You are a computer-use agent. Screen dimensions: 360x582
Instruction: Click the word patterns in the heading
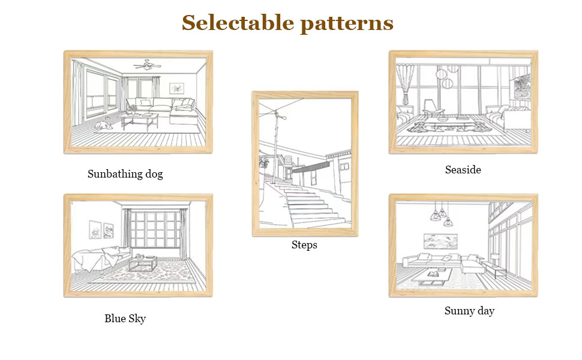(346, 24)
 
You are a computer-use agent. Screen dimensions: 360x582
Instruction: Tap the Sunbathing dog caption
(125, 175)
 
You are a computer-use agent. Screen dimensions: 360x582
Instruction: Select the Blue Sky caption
(125, 319)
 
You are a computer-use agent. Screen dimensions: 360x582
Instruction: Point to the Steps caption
(304, 245)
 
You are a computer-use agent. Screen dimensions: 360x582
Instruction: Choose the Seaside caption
(463, 170)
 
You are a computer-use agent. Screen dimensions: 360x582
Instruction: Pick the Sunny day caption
(469, 311)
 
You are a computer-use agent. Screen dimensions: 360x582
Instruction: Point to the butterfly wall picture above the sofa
(176, 88)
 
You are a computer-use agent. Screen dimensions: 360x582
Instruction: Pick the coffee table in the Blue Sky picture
(143, 263)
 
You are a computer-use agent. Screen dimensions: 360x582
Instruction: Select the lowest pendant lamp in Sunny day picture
(443, 214)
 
